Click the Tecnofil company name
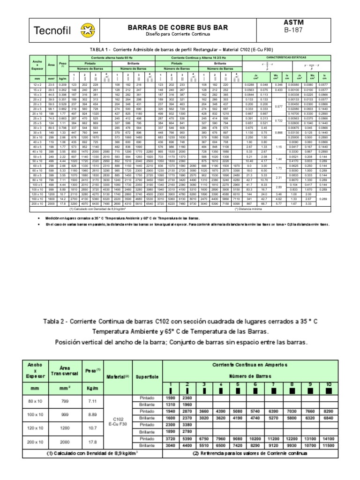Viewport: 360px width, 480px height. pyautogui.click(x=51, y=31)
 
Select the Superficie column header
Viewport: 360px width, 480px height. pyautogui.click(x=143, y=376)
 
